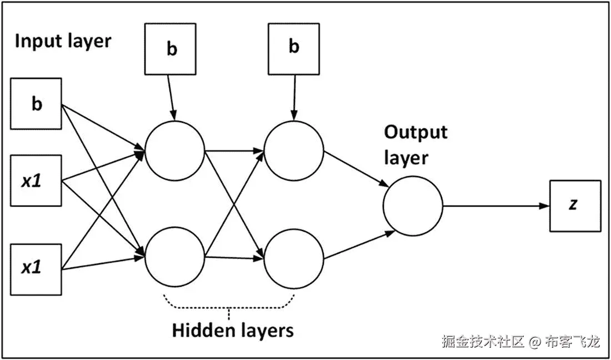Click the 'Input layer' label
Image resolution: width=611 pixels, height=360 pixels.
coord(63,41)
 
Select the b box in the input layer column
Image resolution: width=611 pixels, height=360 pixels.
coord(36,104)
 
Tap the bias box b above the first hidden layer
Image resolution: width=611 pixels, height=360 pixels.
coord(172,49)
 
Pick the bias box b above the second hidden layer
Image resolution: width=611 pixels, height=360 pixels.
coord(293,47)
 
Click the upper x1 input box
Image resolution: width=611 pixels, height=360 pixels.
coord(36,181)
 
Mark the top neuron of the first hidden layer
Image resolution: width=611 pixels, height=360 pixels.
coord(174,151)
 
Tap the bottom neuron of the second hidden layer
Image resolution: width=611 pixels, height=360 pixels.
coord(294,258)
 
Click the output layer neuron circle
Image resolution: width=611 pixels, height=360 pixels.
coord(413,206)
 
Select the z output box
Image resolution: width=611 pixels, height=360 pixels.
coord(574,206)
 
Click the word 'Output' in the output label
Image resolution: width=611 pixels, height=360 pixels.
coord(415,132)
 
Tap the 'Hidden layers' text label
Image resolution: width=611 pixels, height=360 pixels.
coord(232,331)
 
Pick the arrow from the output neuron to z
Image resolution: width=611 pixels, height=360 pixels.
coord(494,206)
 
